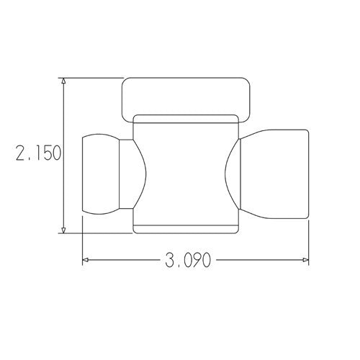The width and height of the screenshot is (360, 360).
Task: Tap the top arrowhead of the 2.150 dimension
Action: [64, 81]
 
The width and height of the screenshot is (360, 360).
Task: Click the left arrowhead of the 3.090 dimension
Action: [86, 259]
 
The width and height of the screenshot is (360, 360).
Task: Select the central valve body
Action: [185, 173]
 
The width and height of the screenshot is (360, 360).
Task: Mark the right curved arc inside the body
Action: [229, 173]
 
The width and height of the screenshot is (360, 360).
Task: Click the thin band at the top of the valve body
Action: [185, 118]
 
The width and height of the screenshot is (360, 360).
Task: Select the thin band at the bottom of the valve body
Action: [185, 230]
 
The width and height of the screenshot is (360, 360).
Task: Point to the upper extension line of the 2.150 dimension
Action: [94, 77]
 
